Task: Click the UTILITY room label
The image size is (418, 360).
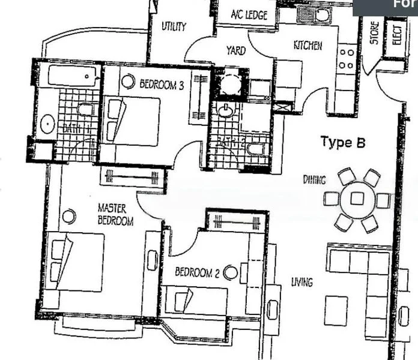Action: click(174, 26)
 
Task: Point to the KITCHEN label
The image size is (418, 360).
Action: click(307, 46)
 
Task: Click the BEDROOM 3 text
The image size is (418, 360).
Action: click(161, 85)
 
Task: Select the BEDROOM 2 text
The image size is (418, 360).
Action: click(196, 272)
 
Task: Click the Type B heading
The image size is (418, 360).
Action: click(343, 142)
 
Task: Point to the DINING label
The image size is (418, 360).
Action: click(314, 179)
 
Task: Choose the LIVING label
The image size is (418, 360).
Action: click(301, 281)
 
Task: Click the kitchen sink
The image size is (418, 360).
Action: click(314, 16)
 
